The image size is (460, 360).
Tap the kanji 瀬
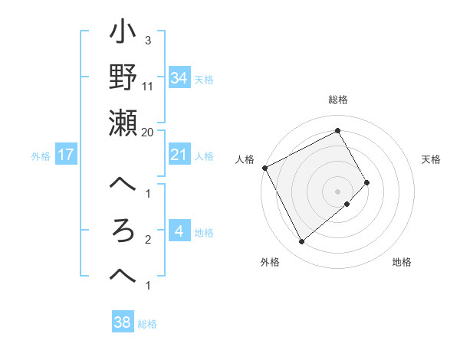coord(123,122)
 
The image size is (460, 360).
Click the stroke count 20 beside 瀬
coord(148,132)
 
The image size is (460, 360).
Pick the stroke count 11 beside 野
coord(148,86)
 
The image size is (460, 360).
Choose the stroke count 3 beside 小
coord(147,40)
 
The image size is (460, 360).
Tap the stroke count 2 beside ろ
coord(147,240)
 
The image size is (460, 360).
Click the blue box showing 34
coord(179,77)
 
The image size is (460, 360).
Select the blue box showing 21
coord(179,155)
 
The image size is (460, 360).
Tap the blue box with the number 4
coord(179,231)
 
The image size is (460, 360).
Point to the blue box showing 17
coord(66,155)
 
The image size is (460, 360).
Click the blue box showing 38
coord(123,322)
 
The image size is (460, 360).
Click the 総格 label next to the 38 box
coord(147,324)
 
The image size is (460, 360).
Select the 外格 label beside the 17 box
coord(41,156)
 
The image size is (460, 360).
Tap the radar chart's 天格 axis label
coord(432,159)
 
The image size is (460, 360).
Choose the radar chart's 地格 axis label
coord(402,262)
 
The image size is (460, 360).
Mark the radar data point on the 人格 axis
coord(264,167)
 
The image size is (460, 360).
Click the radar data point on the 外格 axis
coord(301,241)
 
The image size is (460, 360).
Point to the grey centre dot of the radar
coord(337,191)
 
